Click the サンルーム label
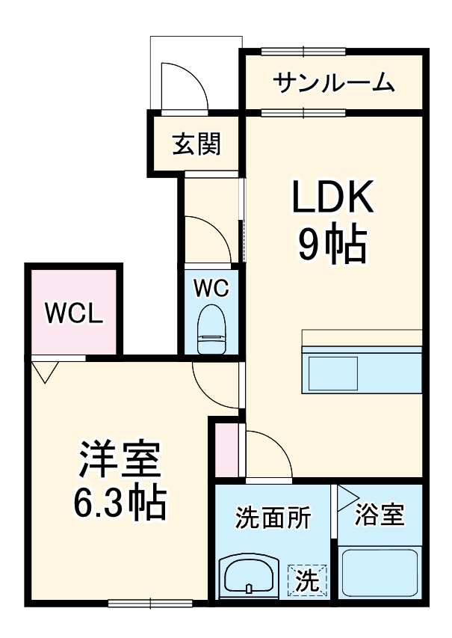pyautogui.click(x=333, y=82)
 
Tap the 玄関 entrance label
pyautogui.click(x=197, y=143)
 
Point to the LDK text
pyautogui.click(x=332, y=199)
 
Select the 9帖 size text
pyautogui.click(x=332, y=243)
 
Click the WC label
pyautogui.click(x=211, y=288)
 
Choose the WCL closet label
pyautogui.click(x=72, y=314)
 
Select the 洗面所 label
pyautogui.click(x=273, y=517)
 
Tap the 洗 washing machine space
pyautogui.click(x=309, y=578)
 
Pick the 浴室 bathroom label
pyautogui.click(x=380, y=515)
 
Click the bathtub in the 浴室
pyautogui.click(x=378, y=573)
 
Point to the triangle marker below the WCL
pyautogui.click(x=46, y=371)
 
